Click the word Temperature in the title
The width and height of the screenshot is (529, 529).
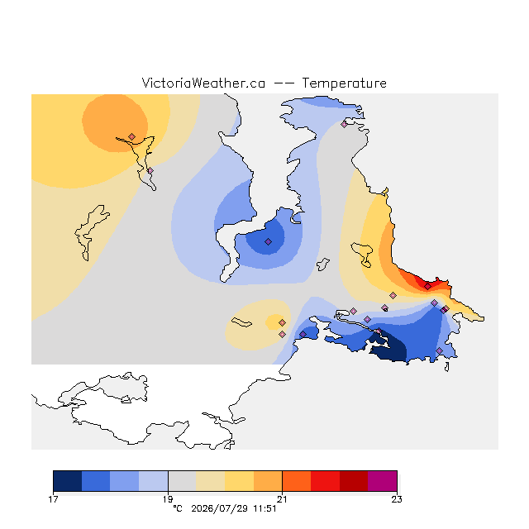tap(344, 83)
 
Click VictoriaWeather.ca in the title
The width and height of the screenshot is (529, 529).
tap(203, 83)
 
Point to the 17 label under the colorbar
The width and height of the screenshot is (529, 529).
tap(53, 499)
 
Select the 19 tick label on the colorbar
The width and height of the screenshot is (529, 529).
tap(168, 499)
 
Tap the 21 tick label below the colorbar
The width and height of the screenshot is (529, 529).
tap(282, 499)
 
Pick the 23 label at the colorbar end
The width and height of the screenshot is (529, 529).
tap(397, 499)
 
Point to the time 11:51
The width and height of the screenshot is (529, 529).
tap(265, 509)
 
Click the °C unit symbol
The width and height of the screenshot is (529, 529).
tap(178, 508)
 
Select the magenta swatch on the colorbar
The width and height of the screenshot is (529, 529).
tap(382, 481)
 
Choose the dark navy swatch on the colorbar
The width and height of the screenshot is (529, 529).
tap(68, 481)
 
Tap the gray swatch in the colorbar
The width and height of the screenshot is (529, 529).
tap(182, 481)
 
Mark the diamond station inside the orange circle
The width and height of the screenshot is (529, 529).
tap(132, 136)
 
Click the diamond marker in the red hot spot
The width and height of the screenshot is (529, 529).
tap(428, 287)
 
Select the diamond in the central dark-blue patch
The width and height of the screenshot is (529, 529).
tap(268, 241)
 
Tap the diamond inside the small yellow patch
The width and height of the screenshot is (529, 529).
tap(283, 323)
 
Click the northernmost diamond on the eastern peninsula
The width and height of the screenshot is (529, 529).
tap(344, 124)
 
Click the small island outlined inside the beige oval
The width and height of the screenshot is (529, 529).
tap(241, 322)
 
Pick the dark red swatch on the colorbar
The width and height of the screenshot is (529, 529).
tap(354, 481)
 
